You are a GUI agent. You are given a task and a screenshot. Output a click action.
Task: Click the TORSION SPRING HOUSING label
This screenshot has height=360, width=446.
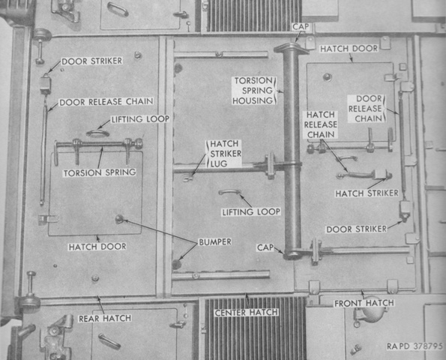coord(253,91)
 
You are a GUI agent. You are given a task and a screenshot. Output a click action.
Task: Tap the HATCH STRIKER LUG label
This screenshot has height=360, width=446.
coord(226,154)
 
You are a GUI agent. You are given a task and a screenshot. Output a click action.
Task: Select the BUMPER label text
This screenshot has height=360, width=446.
coord(215,242)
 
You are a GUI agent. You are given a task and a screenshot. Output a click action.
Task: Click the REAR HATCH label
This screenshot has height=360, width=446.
coord(105,318)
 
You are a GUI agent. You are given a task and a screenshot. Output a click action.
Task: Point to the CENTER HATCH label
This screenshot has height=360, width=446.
coord(247,313)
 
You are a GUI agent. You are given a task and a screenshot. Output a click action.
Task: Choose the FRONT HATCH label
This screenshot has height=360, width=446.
coord(364,303)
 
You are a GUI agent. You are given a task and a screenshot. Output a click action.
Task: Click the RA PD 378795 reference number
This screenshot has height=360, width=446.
coord(415,346)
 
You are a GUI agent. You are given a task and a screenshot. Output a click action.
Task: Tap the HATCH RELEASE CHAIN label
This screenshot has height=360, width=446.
coord(321,124)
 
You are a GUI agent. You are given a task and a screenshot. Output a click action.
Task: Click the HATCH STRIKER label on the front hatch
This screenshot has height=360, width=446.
coord(367,193)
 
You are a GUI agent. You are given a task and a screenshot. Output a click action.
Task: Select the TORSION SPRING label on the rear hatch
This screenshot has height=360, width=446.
coord(100,172)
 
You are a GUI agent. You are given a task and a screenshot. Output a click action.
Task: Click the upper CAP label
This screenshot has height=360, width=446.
coord(301,27)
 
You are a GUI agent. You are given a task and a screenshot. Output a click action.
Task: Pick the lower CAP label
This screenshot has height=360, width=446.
coord(265,247)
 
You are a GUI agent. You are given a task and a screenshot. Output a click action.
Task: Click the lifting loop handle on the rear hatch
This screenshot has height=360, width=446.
coord(97,133)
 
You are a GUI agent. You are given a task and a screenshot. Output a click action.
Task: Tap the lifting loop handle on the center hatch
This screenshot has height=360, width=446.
coord(229,192)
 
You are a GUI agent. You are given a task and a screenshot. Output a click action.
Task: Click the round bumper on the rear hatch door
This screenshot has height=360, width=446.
coord(119,219)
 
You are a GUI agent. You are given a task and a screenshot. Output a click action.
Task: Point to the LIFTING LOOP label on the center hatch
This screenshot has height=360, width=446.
coord(251,211)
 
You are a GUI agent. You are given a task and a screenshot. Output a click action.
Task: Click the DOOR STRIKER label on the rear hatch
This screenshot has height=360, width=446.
coord(92,61)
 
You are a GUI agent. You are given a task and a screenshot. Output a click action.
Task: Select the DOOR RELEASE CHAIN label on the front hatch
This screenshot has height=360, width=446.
coord(366,109)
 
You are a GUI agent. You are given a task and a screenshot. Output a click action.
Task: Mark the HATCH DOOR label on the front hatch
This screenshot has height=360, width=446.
coord(349,49)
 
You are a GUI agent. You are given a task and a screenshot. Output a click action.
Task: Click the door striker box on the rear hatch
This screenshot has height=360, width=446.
coord(45,84)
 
